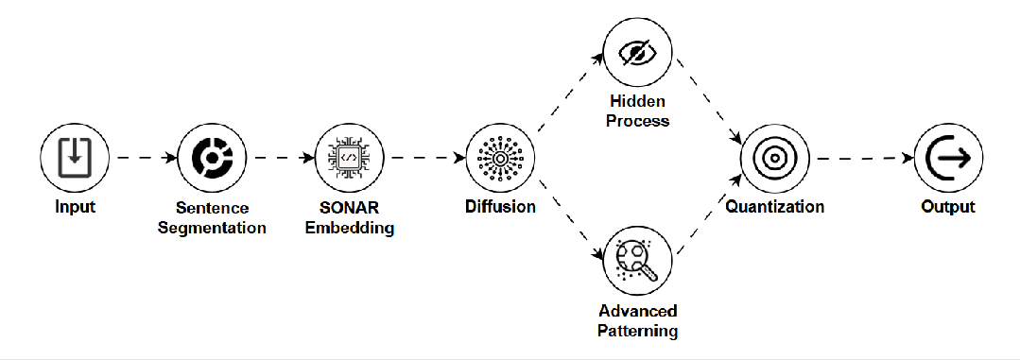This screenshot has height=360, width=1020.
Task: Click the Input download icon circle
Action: pyautogui.click(x=75, y=158)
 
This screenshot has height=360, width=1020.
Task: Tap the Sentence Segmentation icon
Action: pyautogui.click(x=213, y=158)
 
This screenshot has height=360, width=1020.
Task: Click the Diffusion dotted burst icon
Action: pyautogui.click(x=501, y=158)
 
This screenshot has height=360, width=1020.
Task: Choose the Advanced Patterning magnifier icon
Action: pyautogui.click(x=638, y=261)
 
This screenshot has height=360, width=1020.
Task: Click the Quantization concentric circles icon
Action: pyautogui.click(x=775, y=158)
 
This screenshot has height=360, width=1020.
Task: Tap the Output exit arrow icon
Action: pyautogui.click(x=948, y=158)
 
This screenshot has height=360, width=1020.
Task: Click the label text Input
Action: pyautogui.click(x=75, y=207)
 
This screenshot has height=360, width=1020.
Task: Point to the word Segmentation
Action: pyautogui.click(x=213, y=228)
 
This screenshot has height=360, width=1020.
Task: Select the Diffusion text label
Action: pyautogui.click(x=501, y=207)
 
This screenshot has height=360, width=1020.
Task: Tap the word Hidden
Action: pyautogui.click(x=638, y=101)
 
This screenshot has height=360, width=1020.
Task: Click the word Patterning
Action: pyautogui.click(x=638, y=331)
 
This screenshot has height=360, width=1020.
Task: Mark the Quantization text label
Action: pyautogui.click(x=775, y=207)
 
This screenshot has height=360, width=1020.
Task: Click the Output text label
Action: pyautogui.click(x=948, y=207)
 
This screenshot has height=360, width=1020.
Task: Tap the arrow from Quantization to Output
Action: pyautogui.click(x=861, y=158)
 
